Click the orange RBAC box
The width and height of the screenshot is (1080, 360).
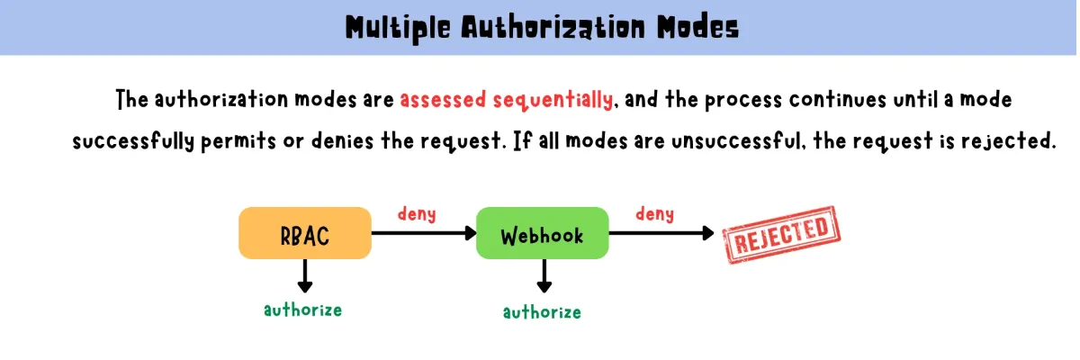coord(305,233)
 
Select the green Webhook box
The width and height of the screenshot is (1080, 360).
coord(542,235)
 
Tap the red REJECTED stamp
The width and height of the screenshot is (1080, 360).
coord(781,235)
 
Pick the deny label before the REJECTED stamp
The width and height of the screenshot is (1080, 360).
coord(654,214)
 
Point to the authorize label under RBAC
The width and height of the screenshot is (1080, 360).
coord(302,310)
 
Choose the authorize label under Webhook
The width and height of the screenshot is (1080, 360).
coord(542,312)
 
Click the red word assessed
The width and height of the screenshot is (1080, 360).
coord(443,100)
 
